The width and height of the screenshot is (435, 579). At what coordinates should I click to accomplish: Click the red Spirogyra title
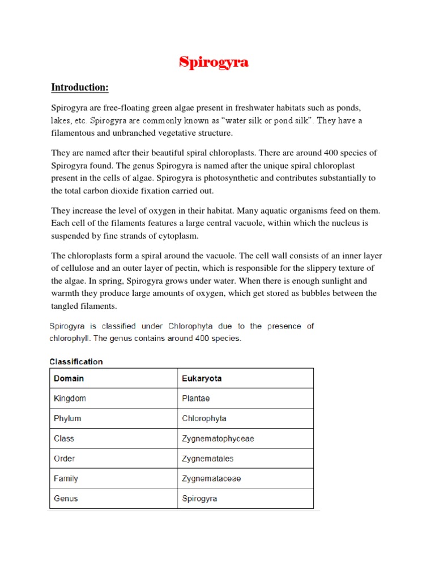[x=214, y=62]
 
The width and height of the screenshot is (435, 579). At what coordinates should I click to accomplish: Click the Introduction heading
[x=80, y=88]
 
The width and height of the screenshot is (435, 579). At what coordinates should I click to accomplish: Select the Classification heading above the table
[x=76, y=361]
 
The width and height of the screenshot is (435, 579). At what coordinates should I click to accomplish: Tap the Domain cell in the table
[x=69, y=378]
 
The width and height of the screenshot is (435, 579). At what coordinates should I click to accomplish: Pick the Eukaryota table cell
[x=202, y=378]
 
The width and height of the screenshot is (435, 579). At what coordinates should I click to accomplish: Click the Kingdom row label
[x=70, y=399]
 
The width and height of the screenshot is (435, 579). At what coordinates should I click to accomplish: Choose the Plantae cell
[x=196, y=399]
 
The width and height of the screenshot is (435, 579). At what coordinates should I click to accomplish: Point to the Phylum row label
[x=67, y=418]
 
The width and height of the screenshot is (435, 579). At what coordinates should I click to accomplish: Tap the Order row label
[x=64, y=459]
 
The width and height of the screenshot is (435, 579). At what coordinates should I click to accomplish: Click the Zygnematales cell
[x=208, y=459]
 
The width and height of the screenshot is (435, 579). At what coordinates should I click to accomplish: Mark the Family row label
[x=66, y=478]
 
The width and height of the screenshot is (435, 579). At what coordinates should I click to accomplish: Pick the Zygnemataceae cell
[x=211, y=478]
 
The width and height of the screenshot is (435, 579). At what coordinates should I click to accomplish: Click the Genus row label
[x=66, y=499]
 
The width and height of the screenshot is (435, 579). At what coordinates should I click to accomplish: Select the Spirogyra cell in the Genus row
[x=199, y=499]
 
